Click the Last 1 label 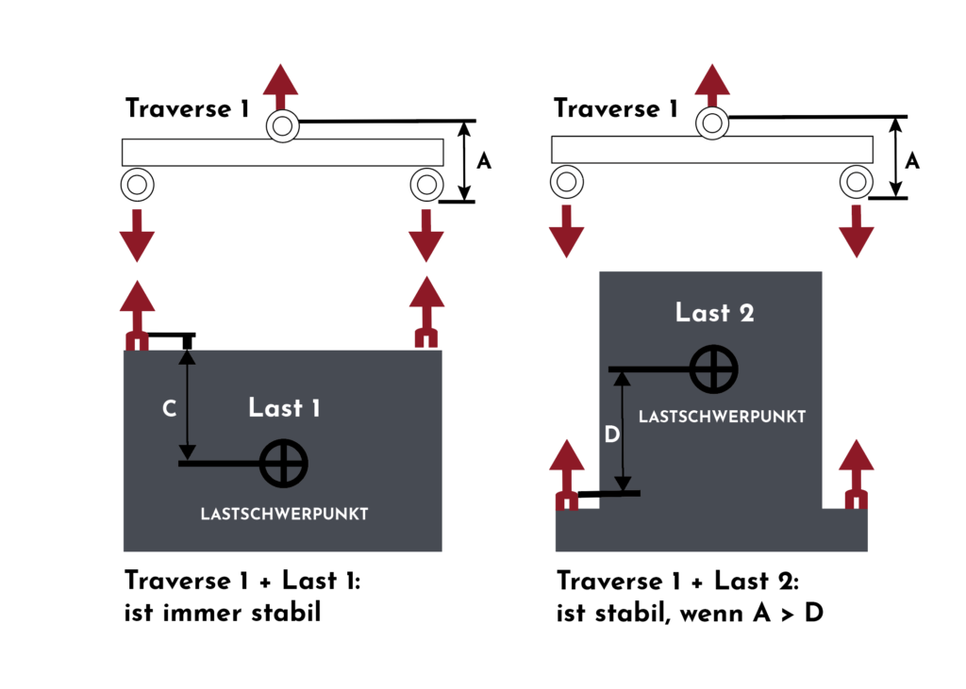pos(284,407)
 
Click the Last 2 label pos(715,313)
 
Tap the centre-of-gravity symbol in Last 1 pos(283,464)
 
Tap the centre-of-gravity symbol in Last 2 pos(713,369)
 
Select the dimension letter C pos(170,408)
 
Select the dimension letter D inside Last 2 pos(611,435)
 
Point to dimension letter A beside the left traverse pos(484,161)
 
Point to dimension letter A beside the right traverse pos(912,161)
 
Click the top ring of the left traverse pos(283,126)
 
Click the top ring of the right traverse pos(712,123)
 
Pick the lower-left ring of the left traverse pos(137,184)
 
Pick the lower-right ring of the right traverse pos(857,182)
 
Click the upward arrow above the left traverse pos(281,87)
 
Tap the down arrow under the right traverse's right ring pos(857,232)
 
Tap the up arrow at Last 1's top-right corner pos(426,312)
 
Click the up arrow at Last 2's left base pos(567,474)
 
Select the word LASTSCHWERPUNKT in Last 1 pos(284,514)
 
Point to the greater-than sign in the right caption pos(788,615)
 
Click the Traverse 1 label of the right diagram pos(615,108)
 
